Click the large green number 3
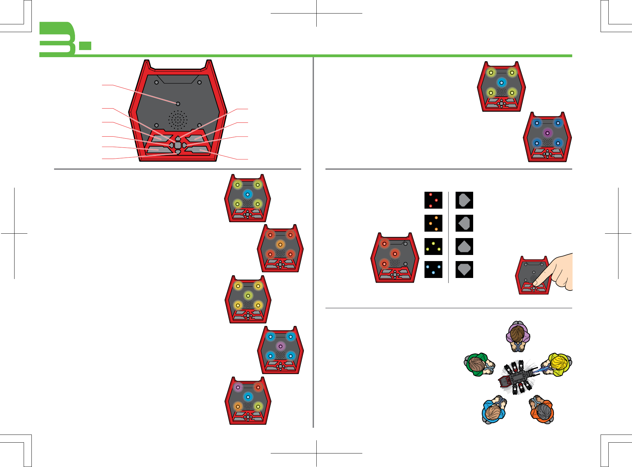click(x=57, y=39)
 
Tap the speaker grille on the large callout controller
click(x=178, y=120)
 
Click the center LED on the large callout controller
click(x=178, y=104)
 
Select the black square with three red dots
click(x=433, y=200)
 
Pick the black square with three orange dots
click(x=433, y=223)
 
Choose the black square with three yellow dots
click(x=433, y=247)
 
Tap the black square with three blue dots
click(x=433, y=270)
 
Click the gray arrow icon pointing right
click(x=464, y=200)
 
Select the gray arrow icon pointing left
click(x=464, y=223)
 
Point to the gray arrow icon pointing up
click(x=464, y=247)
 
